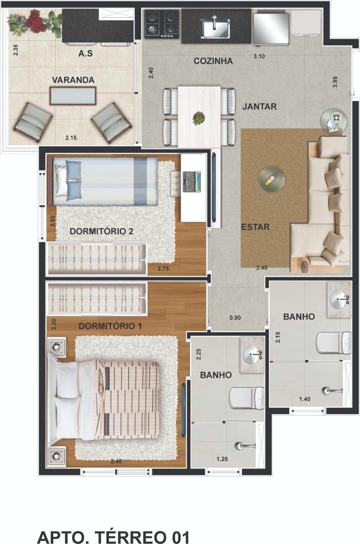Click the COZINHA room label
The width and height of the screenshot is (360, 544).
(213, 61)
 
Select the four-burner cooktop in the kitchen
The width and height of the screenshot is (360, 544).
(162, 24)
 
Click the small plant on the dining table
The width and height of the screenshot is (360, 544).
(199, 118)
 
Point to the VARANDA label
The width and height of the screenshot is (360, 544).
(73, 80)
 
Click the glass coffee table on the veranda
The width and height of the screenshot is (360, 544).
(73, 96)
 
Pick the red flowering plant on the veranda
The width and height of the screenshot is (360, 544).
(36, 21)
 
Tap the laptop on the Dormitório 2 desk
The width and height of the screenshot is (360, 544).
(192, 182)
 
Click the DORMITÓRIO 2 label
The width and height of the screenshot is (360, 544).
(101, 231)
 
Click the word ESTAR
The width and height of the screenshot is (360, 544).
(255, 227)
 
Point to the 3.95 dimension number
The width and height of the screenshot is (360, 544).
(335, 82)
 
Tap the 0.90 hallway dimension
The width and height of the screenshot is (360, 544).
(235, 317)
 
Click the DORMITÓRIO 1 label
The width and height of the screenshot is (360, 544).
(110, 326)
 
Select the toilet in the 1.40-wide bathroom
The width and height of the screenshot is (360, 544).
(334, 343)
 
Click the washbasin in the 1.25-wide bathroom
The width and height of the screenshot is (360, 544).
(252, 355)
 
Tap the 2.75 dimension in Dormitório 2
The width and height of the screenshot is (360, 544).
(163, 269)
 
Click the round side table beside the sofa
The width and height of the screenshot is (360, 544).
(334, 120)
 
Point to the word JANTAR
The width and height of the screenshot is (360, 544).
(259, 106)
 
